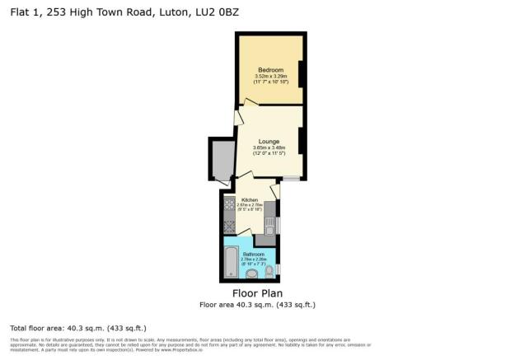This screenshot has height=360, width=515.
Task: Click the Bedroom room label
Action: (x=270, y=69)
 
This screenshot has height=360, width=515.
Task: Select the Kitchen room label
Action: (x=250, y=200)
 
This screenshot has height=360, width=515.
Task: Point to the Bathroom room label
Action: (x=253, y=254)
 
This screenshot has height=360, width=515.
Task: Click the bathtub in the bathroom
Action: (x=229, y=264)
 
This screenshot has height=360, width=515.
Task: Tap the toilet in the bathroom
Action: (x=271, y=271)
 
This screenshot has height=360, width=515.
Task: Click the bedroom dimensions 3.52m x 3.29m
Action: (x=270, y=76)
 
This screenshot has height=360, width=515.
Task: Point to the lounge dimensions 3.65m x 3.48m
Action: (x=269, y=148)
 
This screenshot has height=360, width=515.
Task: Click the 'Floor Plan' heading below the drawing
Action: (x=256, y=292)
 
